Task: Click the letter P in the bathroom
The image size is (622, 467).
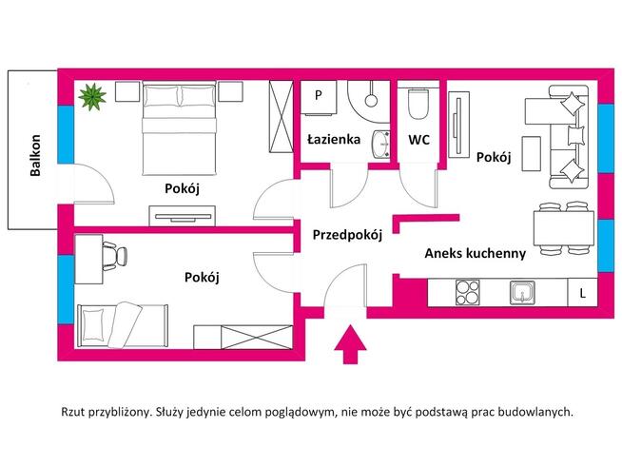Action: (319, 96)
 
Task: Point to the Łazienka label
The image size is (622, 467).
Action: (333, 140)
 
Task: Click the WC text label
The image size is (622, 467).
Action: (419, 140)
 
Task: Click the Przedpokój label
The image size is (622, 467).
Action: (347, 237)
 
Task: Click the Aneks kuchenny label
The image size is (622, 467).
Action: (476, 253)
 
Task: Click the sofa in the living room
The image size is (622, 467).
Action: (568, 135)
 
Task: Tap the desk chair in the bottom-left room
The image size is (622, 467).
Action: (112, 255)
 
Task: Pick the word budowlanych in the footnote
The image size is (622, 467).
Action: (536, 412)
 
